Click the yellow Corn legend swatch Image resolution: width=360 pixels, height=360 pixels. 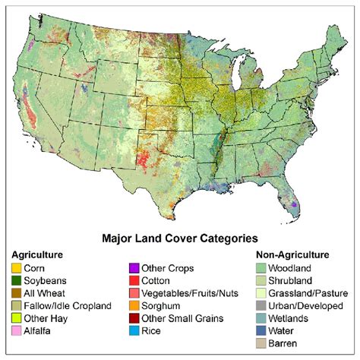pyautogui.click(x=16, y=268)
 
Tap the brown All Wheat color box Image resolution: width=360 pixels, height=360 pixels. pyautogui.click(x=16, y=293)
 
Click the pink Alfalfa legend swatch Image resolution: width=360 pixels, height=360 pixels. pyautogui.click(x=16, y=330)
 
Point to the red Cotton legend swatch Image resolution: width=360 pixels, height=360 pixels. pyautogui.click(x=134, y=280)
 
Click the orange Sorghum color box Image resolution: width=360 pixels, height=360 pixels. pyautogui.click(x=134, y=305)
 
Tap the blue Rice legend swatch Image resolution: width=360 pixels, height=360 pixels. pyautogui.click(x=134, y=330)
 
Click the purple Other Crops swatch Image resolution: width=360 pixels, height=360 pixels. pyautogui.click(x=134, y=268)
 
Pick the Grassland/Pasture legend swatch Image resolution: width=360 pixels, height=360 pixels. pyautogui.click(x=262, y=293)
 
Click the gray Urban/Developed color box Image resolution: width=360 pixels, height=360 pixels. pyautogui.click(x=262, y=305)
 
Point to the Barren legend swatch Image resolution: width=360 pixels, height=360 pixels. pyautogui.click(x=262, y=343)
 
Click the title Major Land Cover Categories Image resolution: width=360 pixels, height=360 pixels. pyautogui.click(x=180, y=238)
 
